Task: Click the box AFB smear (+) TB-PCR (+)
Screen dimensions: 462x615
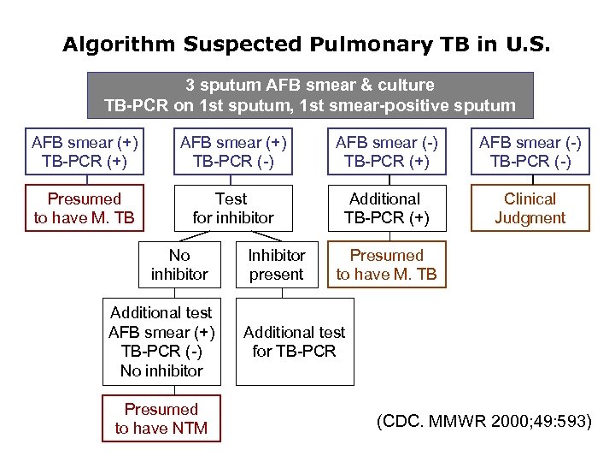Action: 85,151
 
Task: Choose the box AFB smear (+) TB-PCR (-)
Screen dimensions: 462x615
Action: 233,151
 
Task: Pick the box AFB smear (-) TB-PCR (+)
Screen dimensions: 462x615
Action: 386,151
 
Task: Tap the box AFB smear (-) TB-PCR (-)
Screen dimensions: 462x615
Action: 530,151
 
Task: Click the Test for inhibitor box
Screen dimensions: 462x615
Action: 233,208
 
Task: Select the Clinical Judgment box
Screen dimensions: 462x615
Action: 530,208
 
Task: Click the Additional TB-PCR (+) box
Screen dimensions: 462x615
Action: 386,208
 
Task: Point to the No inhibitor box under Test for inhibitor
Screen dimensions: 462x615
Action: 179,265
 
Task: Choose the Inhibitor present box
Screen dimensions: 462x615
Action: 276,265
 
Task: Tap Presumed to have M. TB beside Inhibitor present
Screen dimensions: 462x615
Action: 386,265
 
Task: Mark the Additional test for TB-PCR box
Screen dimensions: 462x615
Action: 295,342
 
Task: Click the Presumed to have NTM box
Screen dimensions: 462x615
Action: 161,418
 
